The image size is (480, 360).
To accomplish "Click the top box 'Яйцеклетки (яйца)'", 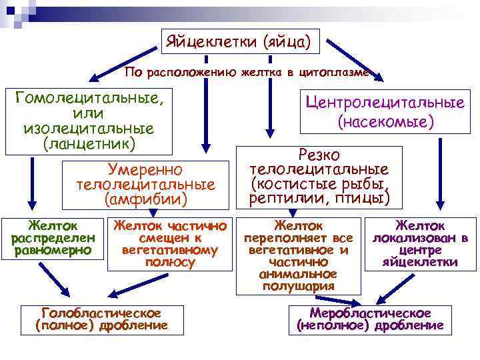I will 241,43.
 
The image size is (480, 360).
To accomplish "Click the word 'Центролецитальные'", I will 385,103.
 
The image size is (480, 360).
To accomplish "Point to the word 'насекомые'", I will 386,122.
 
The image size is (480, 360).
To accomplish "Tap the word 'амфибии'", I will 146,199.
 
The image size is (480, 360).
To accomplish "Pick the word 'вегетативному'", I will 170,250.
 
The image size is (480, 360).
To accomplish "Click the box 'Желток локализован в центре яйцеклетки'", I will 420,244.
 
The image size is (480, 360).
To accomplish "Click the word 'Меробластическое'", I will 370,313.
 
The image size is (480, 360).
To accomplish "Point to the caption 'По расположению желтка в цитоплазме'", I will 247,72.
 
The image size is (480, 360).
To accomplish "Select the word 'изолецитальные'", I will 88,128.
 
